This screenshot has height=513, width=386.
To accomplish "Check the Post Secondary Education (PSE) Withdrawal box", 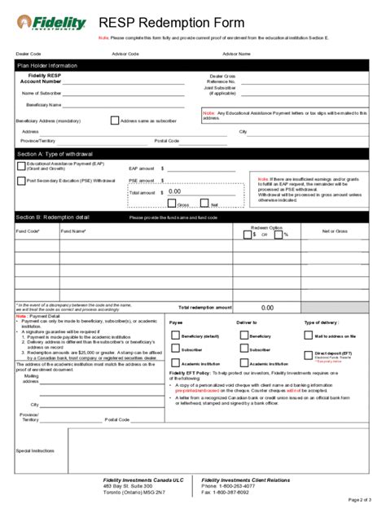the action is click(x=20, y=181).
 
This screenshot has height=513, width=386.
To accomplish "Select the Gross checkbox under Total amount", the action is click(x=172, y=204).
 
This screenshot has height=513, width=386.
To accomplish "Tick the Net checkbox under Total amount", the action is click(x=205, y=204).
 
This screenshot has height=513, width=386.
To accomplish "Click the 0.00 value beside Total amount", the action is click(x=174, y=192).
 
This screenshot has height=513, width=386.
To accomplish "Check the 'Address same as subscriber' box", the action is click(x=114, y=120).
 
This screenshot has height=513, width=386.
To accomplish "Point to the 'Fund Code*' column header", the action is click(x=28, y=231).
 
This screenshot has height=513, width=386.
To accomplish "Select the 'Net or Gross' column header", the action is click(x=335, y=232).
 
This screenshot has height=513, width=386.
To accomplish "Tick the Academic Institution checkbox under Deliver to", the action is click(x=242, y=363).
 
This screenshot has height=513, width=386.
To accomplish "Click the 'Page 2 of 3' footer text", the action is click(x=359, y=499).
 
